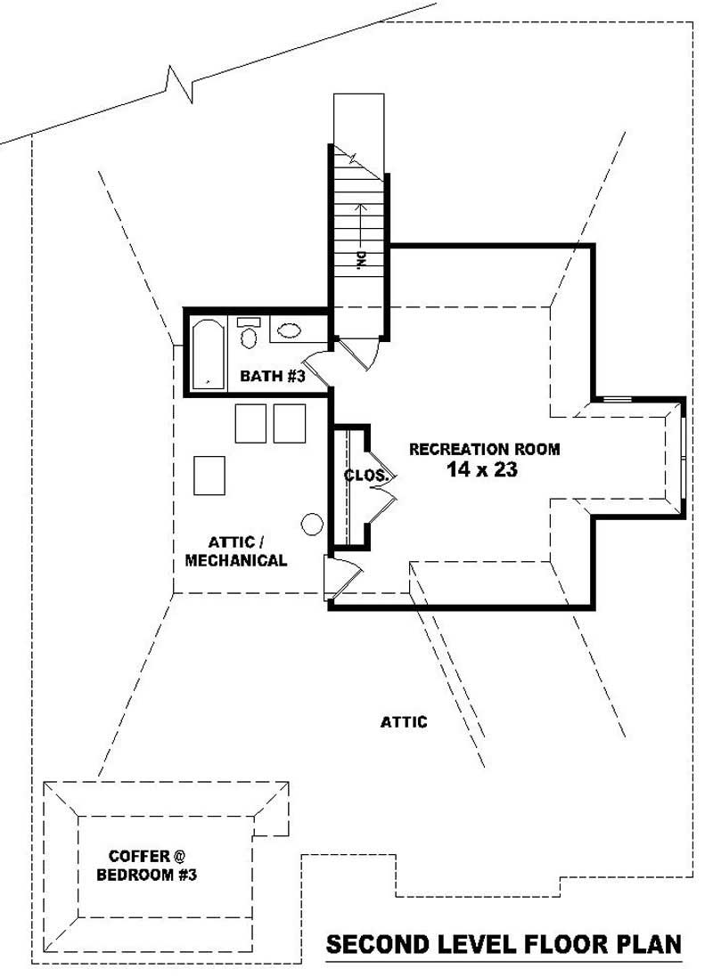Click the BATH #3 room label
pos(273,377)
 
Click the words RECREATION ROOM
pos(485,449)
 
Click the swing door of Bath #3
pos(319,367)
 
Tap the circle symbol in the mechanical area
pos(312,525)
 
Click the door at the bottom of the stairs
pos(361,352)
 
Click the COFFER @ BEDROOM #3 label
pos(146,865)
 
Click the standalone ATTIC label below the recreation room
pos(404,722)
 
